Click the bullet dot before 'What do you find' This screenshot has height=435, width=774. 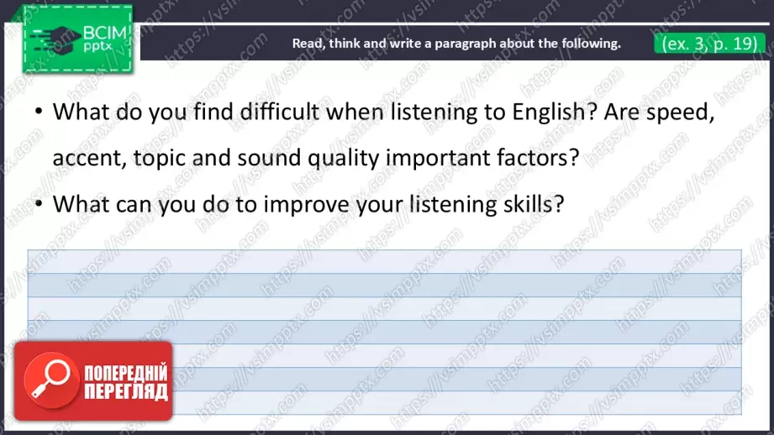[38, 113]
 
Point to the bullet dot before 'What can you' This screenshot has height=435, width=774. [38, 205]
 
